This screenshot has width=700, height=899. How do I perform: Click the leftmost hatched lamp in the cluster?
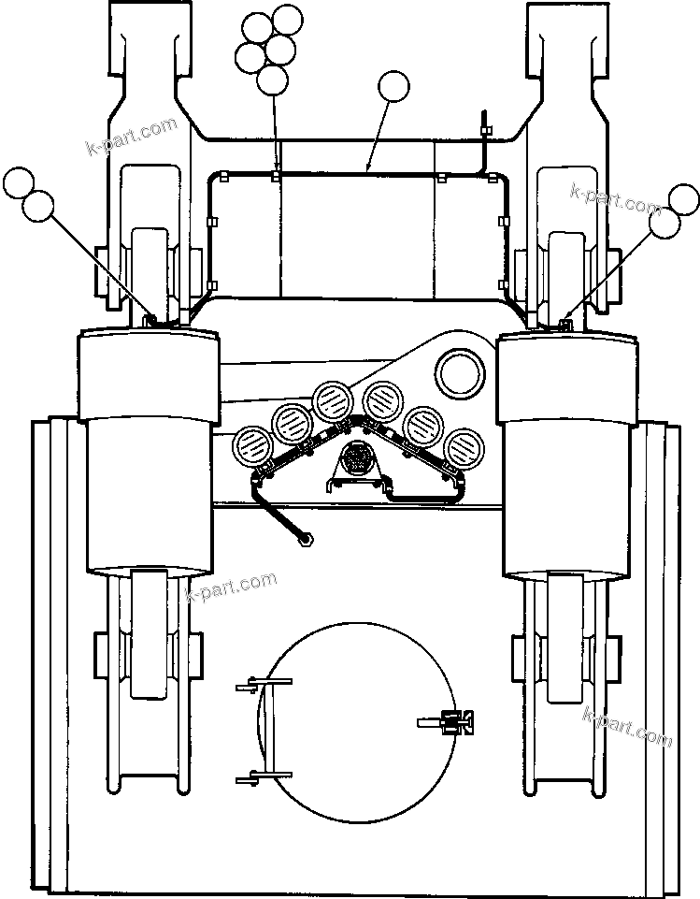point(251,442)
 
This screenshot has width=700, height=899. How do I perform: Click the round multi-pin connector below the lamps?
point(356,458)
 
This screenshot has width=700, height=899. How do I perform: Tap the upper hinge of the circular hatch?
point(252,688)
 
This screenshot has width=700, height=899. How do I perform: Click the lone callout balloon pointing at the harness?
point(393,88)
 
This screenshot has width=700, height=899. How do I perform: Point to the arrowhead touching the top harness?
point(368,169)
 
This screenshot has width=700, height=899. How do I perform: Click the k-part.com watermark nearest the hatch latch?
point(627,727)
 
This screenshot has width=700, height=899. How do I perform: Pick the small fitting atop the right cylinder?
point(564,324)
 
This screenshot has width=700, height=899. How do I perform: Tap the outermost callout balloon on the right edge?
point(685,199)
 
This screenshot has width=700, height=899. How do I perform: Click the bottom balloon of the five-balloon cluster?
point(272,80)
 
